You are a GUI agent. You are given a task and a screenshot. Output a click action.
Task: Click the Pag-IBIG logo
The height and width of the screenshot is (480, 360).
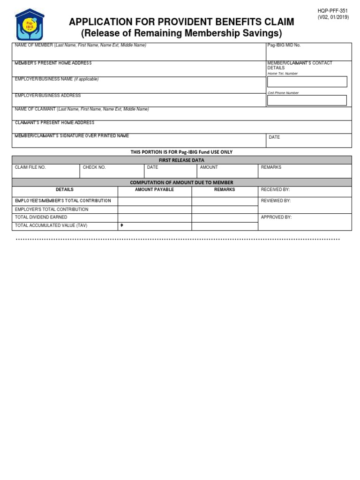30,25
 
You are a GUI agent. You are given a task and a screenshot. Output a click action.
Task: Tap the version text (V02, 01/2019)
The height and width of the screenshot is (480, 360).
333,17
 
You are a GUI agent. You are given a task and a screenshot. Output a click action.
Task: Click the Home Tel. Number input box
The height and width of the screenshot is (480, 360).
307,82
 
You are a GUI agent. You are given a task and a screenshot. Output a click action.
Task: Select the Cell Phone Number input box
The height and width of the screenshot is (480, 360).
307,100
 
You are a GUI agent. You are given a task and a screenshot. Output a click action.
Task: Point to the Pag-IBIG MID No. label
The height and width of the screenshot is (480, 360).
284,45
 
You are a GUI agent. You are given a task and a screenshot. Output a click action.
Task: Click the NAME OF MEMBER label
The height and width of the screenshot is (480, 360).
34,45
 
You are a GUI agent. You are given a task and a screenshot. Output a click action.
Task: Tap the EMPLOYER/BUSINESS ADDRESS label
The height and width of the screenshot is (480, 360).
48,96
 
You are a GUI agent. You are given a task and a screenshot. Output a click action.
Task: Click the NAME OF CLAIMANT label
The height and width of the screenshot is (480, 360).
36,109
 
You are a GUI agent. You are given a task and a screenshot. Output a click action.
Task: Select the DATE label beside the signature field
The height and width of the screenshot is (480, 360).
274,137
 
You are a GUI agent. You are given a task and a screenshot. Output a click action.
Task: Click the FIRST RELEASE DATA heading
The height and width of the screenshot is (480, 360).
181,160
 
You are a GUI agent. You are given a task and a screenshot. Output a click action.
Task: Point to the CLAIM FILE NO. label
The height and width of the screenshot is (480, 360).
30,167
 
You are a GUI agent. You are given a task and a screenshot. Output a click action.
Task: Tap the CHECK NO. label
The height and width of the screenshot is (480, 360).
94,167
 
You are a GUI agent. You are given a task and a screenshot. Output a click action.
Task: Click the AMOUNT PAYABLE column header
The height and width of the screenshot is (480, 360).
154,190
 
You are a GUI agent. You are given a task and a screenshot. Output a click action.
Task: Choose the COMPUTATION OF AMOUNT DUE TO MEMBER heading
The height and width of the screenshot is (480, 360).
181,182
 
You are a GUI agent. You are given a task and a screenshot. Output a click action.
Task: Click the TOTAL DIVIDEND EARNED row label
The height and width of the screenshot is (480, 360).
41,217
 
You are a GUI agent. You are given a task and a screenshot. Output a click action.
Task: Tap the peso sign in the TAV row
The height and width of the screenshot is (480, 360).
122,225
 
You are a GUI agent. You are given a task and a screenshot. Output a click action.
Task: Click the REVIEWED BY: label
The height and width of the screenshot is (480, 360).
276,201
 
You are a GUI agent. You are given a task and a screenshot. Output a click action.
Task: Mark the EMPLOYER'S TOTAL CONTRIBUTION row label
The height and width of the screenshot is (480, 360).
52,210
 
